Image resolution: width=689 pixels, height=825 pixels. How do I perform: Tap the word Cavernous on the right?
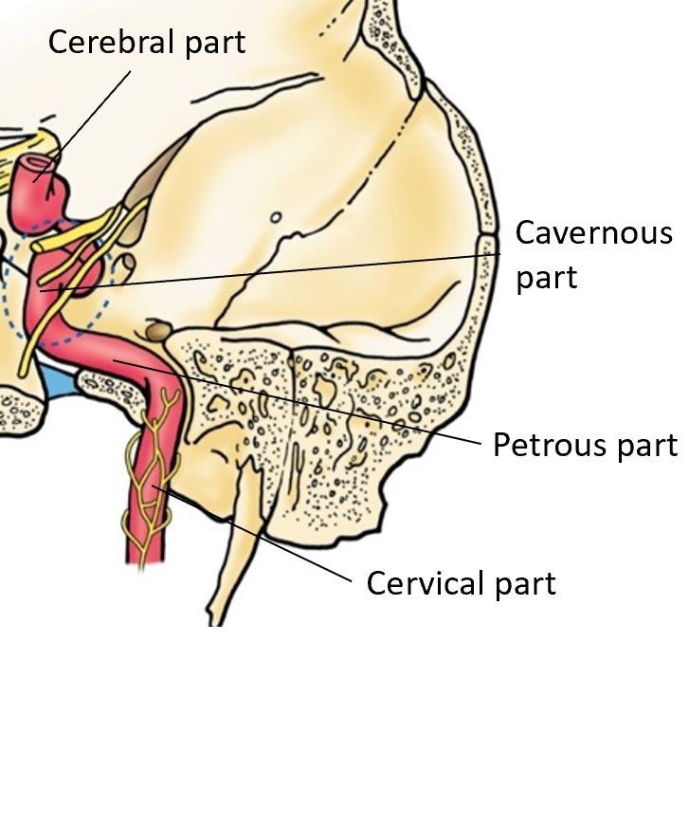tap(593, 233)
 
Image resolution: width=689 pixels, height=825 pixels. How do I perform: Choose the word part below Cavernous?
tap(546, 279)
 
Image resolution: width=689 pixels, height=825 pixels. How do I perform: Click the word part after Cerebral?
tap(213, 43)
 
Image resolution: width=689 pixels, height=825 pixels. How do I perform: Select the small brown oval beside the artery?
tap(157, 331)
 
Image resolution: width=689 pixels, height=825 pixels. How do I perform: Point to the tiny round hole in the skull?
tap(276, 217)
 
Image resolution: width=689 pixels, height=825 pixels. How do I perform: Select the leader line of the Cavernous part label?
tap(284, 270)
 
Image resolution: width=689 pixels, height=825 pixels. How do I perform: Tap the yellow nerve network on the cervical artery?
tap(152, 474)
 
